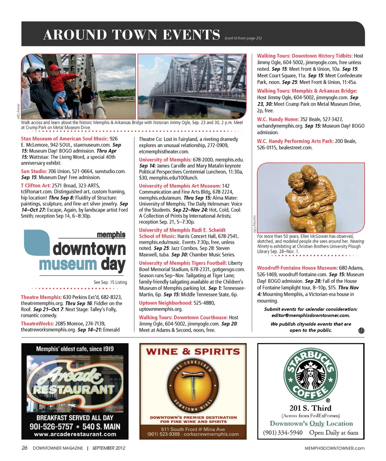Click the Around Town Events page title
click(132, 35)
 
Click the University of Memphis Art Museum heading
click(179, 185)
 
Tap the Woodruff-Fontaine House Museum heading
click(297, 268)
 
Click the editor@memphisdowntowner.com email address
click(310, 316)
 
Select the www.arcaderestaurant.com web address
click(75, 434)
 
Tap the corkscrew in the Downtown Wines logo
click(192, 384)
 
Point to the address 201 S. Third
click(310, 408)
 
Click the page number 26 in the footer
click(25, 448)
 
